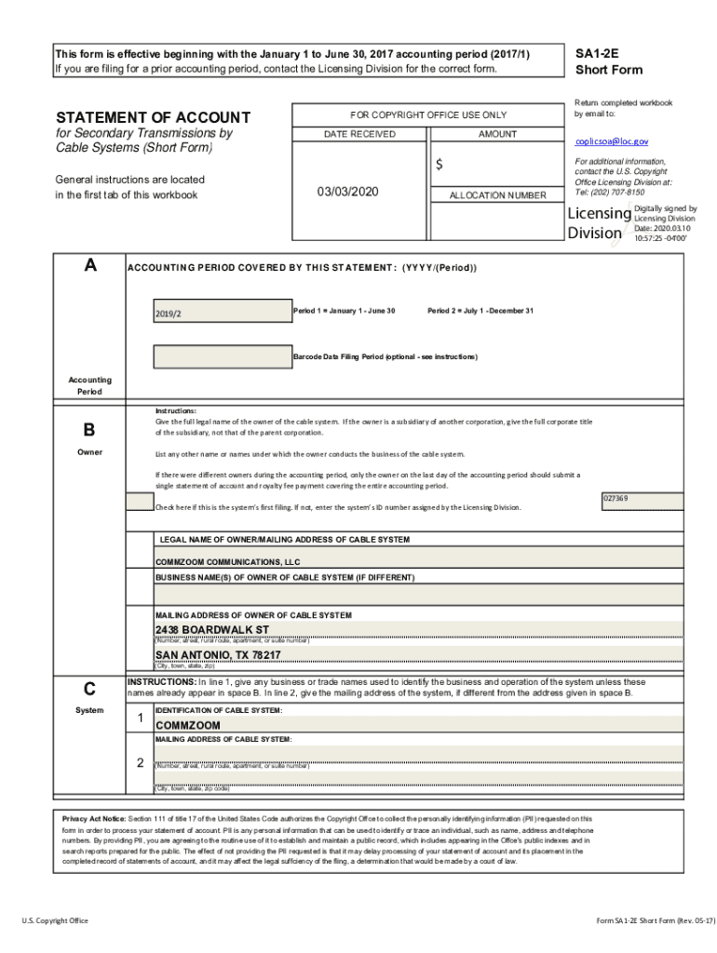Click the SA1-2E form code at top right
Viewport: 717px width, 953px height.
[597, 55]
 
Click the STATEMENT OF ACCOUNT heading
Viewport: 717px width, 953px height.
[153, 117]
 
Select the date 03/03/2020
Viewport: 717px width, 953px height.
[348, 192]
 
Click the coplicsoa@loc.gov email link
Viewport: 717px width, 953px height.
[612, 141]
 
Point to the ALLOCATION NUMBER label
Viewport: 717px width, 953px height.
[497, 195]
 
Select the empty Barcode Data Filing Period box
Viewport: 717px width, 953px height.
[222, 356]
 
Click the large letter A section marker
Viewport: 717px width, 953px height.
[89, 265]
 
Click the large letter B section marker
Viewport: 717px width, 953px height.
[89, 430]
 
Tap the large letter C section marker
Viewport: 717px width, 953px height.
[89, 690]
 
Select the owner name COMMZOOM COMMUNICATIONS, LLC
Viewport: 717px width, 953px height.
[227, 563]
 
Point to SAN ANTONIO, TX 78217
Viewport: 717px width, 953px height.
[218, 655]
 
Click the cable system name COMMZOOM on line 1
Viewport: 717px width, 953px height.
[188, 725]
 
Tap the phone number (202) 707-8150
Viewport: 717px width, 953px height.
[619, 193]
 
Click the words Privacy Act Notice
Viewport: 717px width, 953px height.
[93, 818]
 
